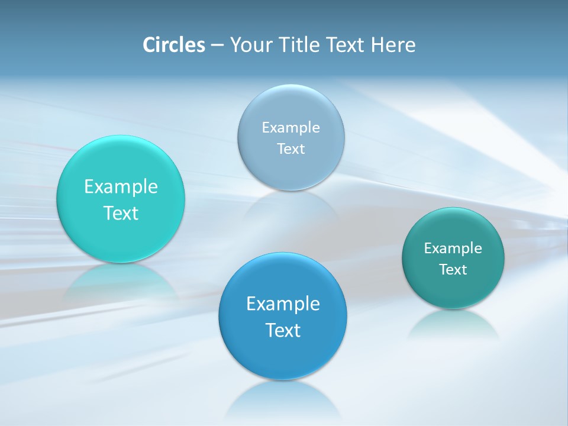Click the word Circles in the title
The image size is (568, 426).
[x=173, y=45]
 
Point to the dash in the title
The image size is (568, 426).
[x=217, y=46]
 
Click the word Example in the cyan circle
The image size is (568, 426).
[x=121, y=186]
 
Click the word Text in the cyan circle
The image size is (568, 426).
[x=121, y=213]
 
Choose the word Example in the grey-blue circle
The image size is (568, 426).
[x=291, y=127]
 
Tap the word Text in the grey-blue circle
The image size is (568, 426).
[x=291, y=149]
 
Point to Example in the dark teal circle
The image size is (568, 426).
[x=453, y=248]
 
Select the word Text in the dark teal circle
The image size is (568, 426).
[x=453, y=269]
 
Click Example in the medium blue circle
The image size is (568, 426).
[x=283, y=304]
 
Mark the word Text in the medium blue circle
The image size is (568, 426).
[x=283, y=330]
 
